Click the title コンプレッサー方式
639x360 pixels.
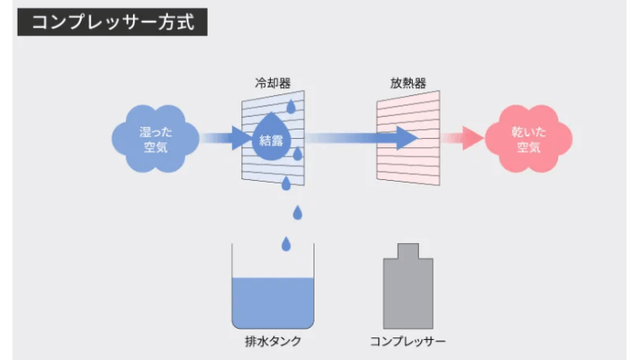click(x=112, y=22)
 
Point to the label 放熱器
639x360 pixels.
click(x=407, y=84)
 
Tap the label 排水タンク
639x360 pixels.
click(x=272, y=341)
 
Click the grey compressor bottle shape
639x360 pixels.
click(x=408, y=290)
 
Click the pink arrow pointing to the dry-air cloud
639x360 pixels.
click(x=463, y=139)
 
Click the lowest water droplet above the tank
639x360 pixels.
click(x=286, y=243)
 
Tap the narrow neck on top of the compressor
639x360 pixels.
click(x=408, y=251)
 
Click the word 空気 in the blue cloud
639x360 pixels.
click(x=156, y=148)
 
